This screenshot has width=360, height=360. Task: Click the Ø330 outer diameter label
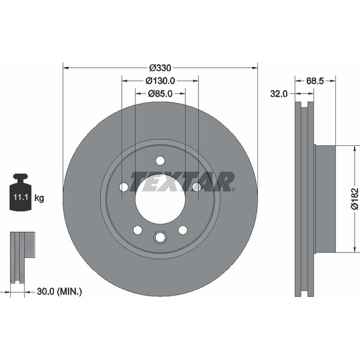tap(160, 68)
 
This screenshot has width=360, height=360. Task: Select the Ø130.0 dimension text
tap(160, 81)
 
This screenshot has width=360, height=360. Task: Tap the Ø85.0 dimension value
tap(160, 94)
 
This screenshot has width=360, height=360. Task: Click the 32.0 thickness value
tap(279, 94)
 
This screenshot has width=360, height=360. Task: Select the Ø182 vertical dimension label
tap(354, 199)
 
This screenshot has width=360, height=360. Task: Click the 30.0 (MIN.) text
tap(59, 292)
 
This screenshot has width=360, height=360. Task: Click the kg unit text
tap(39, 197)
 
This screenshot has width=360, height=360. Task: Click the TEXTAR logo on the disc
tap(183, 181)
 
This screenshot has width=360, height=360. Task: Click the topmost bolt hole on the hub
tap(160, 160)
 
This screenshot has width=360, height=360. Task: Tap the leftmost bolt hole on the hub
tap(124, 187)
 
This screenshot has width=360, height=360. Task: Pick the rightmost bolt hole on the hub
tap(196, 187)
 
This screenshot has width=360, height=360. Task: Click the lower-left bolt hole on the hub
tap(137, 230)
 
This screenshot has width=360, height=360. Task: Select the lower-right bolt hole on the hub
tap(183, 230)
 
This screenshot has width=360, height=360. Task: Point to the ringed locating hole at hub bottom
tap(160, 238)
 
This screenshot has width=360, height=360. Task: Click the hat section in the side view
tap(325, 199)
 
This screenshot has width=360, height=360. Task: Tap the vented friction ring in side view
tap(304, 199)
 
